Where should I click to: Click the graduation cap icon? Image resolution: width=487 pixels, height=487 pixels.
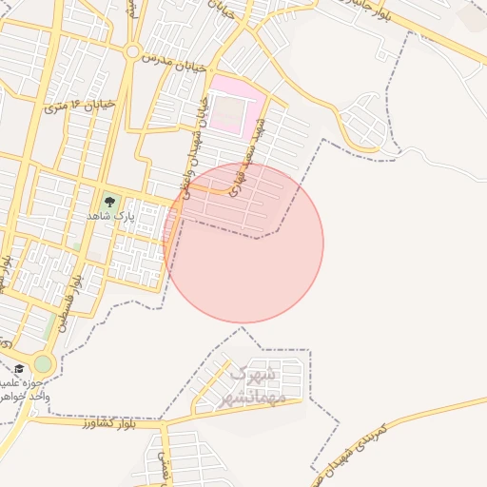coord(19,368)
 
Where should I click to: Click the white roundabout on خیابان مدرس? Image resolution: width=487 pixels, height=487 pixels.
coord(133,51)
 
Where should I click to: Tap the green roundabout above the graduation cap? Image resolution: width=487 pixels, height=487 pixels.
coord(43,363)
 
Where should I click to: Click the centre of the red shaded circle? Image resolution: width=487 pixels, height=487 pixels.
coord(243,243)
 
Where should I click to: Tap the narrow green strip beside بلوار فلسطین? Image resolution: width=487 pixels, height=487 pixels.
coord(50,323)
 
